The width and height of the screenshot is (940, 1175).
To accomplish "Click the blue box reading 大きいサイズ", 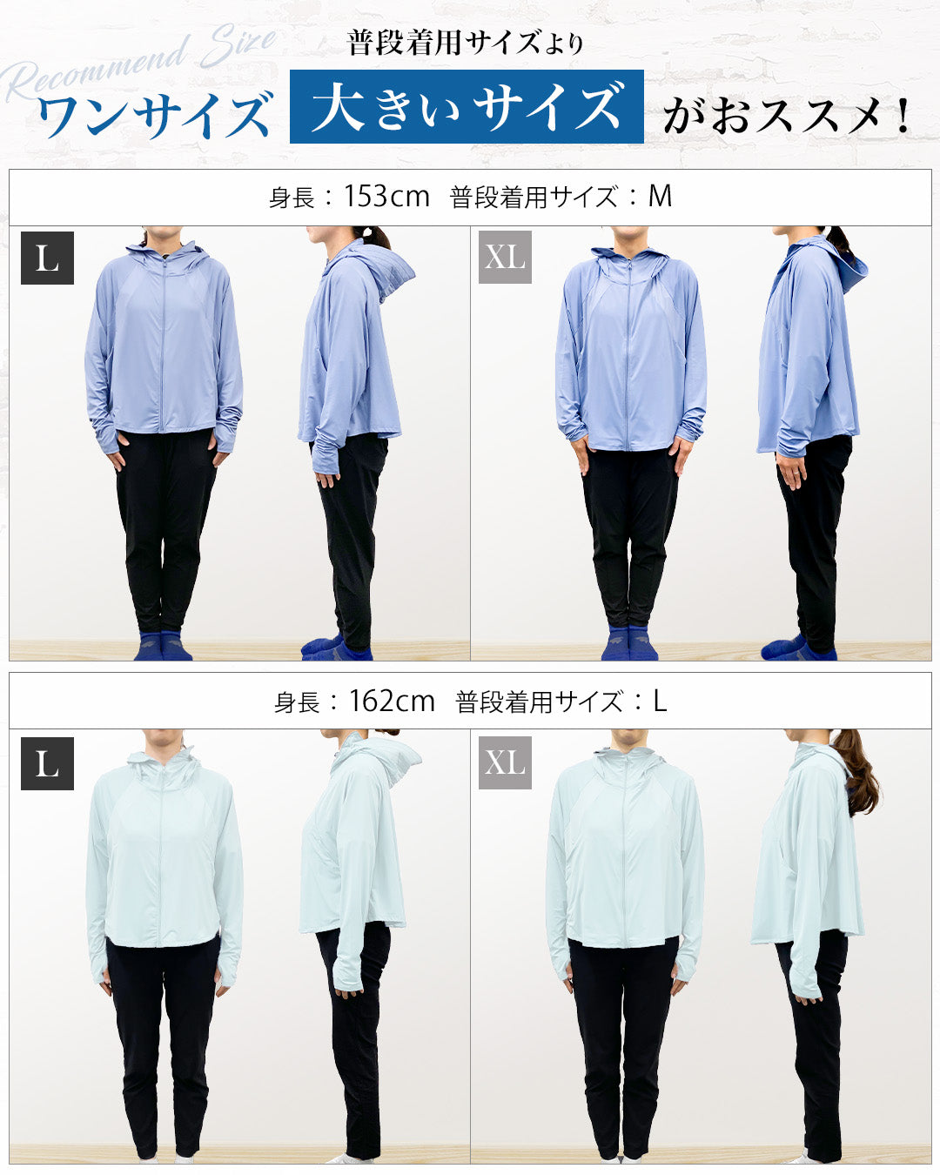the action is (467, 106).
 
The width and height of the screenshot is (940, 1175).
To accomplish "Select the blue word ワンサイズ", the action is (155, 115).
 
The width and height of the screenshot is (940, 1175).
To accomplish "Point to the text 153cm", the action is (386, 196).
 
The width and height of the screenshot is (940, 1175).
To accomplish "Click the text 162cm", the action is (391, 701).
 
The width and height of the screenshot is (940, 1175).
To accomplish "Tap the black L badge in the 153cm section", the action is (47, 258).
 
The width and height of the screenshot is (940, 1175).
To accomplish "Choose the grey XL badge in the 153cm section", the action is (505, 257).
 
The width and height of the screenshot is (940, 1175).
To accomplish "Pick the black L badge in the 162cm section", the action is (47, 763).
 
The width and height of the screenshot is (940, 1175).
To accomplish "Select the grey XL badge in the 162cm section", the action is (505, 762).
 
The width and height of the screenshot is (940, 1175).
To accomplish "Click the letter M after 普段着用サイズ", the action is (660, 196).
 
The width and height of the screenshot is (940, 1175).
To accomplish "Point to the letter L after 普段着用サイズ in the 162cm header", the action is (661, 701).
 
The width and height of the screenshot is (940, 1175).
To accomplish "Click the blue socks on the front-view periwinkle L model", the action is (163, 645).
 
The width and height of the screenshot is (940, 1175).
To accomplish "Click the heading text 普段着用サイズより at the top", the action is (466, 44).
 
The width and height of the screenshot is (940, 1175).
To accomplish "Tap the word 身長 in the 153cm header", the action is (292, 197).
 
